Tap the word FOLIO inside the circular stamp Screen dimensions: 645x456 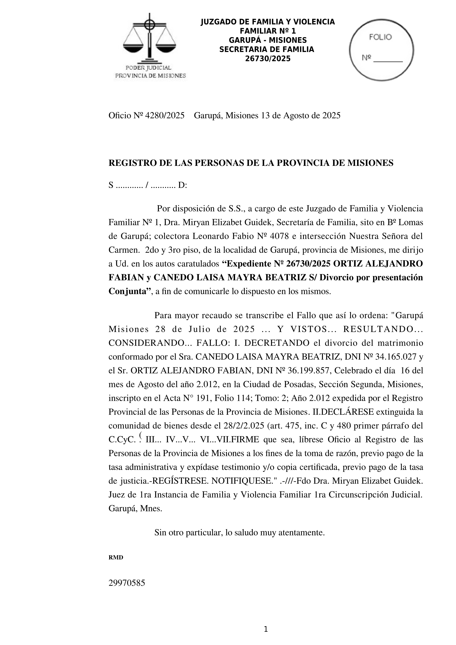click(x=380, y=37)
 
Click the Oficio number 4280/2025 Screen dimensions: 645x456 click(x=164, y=115)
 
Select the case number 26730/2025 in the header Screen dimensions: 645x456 click(x=268, y=59)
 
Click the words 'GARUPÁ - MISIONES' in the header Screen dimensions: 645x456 click(x=268, y=40)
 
